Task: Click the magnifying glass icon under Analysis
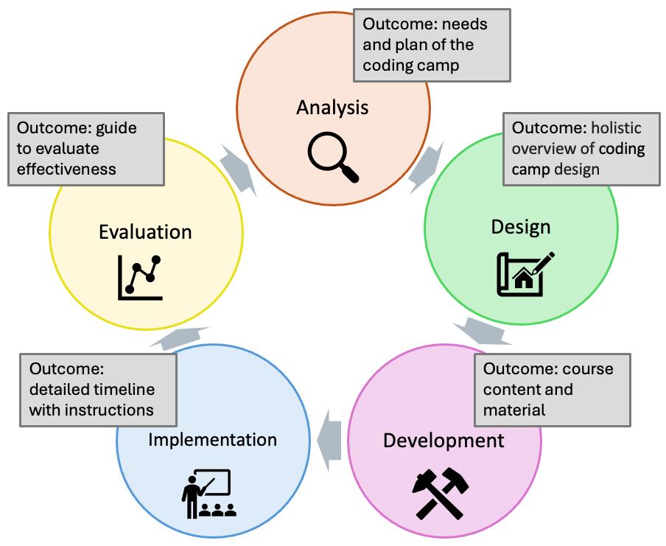(x=333, y=157)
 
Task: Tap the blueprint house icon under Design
(x=525, y=273)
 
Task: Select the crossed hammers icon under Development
(x=441, y=494)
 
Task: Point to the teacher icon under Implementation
(x=208, y=494)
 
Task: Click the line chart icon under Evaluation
(x=140, y=278)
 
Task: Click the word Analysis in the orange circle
(x=332, y=108)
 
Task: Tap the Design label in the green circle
(x=521, y=227)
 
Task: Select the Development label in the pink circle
(x=444, y=441)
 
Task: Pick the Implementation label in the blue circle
(x=212, y=440)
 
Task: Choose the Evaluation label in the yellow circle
(x=145, y=232)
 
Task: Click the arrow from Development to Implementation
(x=329, y=441)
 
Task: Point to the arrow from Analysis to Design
(x=425, y=167)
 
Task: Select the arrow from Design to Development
(x=483, y=331)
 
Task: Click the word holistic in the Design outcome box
(x=616, y=128)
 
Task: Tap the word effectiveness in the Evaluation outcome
(x=66, y=169)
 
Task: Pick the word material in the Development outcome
(x=514, y=410)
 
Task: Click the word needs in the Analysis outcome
(x=465, y=24)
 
